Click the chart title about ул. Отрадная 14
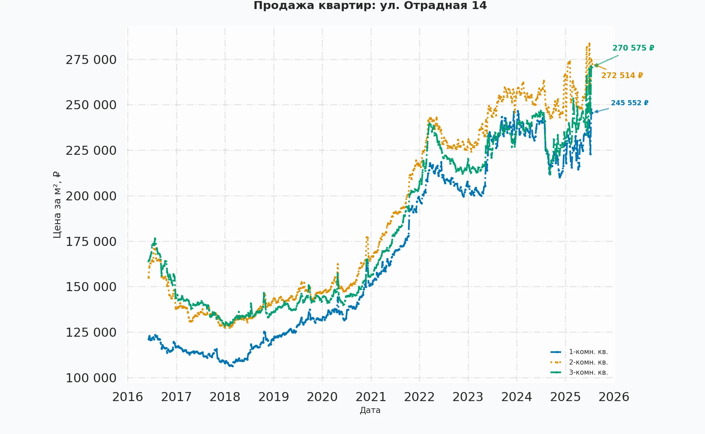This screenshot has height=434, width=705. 370,6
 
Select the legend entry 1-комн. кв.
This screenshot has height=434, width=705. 588,352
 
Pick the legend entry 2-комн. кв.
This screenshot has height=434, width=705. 588,362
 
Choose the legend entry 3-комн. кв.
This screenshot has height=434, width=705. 588,373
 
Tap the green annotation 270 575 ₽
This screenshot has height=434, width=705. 633,48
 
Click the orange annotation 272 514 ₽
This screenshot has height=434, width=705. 622,76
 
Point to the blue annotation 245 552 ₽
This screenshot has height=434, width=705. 629,103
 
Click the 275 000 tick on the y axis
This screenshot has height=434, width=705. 91,60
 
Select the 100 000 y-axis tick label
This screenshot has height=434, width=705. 91,378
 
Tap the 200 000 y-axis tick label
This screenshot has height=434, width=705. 91,196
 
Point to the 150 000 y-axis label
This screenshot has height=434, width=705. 91,287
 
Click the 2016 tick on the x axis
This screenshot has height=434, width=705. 128,397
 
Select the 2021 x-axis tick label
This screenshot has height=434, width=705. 371,397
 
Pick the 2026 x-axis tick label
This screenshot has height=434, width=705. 614,397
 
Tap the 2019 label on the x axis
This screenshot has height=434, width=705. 274,397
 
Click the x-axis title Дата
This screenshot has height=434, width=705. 370,410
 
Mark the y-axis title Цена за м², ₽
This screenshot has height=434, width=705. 57,205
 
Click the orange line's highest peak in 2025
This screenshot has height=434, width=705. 589,43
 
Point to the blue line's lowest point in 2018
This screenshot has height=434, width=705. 232,366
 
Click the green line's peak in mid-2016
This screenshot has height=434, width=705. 155,238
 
